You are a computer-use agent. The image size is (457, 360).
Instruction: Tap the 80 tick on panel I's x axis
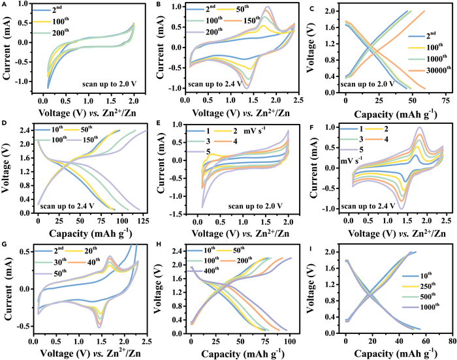[450, 341]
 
